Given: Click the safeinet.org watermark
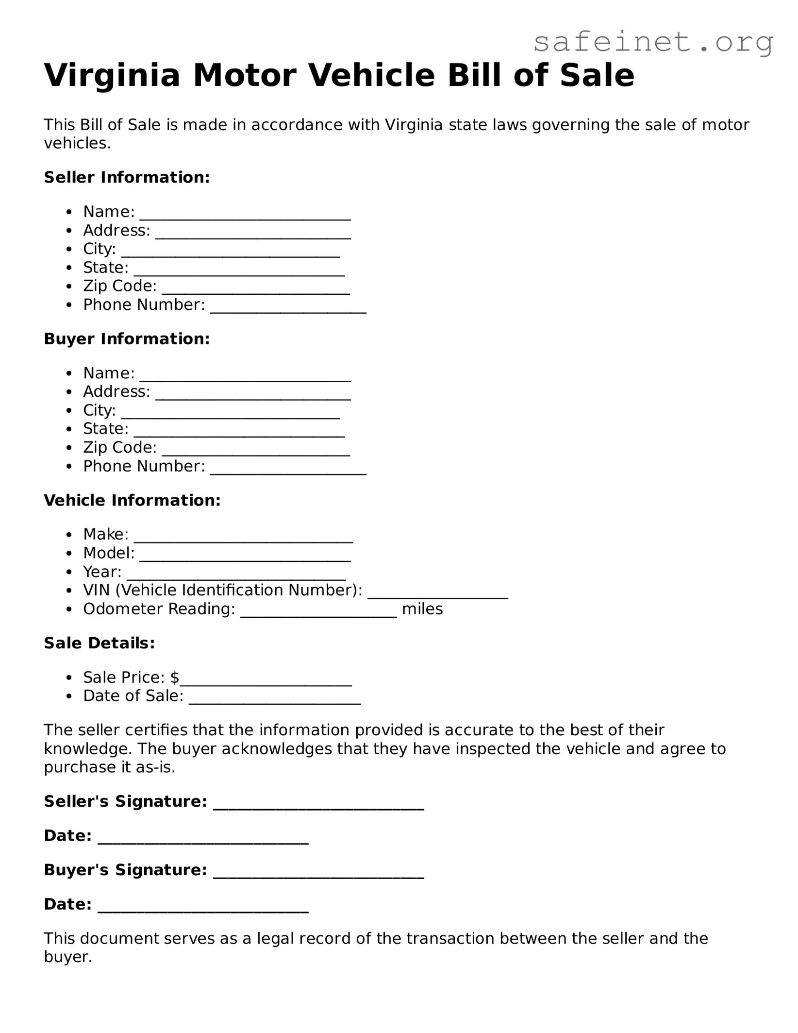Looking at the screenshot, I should [x=653, y=43].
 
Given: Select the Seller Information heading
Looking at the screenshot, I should [x=127, y=177].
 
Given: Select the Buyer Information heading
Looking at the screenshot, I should [x=127, y=339].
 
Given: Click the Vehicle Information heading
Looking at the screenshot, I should [x=132, y=500].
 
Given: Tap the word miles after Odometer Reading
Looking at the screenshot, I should [x=422, y=609].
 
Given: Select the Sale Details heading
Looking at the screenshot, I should [x=100, y=643].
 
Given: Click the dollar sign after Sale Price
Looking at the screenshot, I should [x=175, y=677].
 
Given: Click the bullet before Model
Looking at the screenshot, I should [x=70, y=554].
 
